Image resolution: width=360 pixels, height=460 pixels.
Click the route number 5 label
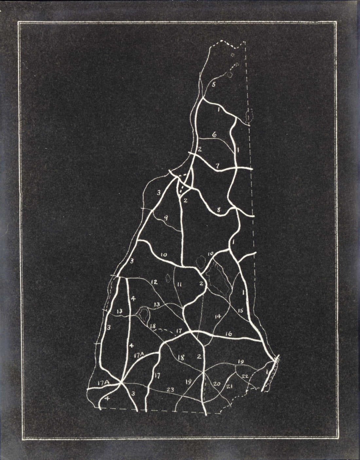[213, 85]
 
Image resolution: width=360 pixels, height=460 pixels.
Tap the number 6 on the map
[214, 134]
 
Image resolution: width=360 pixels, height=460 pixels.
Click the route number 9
[166, 217]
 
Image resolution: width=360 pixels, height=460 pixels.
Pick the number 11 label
[179, 284]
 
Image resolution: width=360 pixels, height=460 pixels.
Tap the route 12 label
[154, 282]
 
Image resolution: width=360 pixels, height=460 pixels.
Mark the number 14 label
[218, 316]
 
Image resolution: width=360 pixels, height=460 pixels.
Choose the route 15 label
[240, 310]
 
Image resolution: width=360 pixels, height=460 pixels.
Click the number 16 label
[228, 334]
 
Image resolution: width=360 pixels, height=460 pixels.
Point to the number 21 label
[229, 387]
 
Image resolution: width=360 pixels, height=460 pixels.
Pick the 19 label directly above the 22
[241, 362]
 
